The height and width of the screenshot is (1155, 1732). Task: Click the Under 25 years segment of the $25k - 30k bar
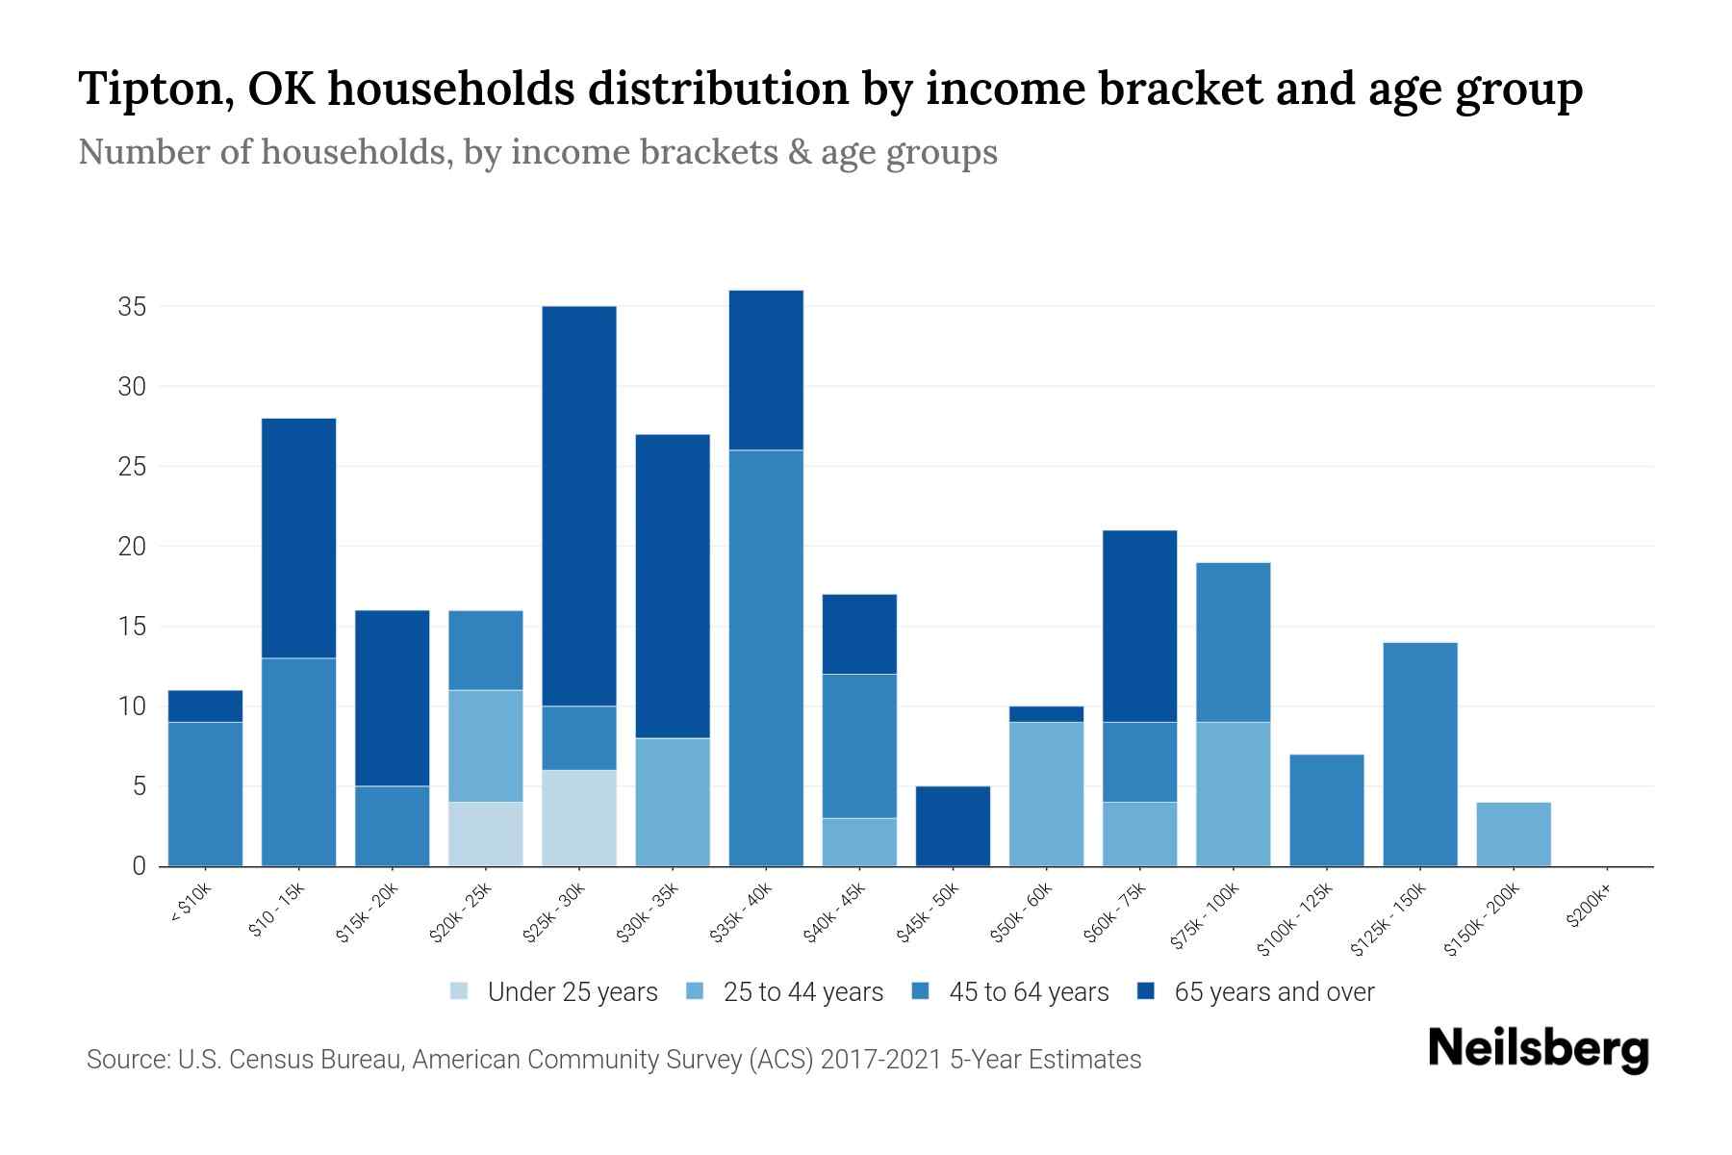pos(579,818)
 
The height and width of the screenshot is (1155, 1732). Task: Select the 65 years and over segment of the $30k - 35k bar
pos(673,586)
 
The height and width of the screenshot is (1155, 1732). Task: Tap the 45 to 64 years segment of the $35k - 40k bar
pos(766,657)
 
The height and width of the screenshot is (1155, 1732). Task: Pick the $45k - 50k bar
pos(953,826)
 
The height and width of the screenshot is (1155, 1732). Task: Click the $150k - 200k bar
pos(1514,834)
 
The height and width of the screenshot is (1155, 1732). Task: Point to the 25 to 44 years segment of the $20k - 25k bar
pos(486,746)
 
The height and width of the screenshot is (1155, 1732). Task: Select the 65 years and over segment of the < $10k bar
pos(205,706)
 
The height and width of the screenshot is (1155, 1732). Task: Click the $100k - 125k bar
pos(1326,810)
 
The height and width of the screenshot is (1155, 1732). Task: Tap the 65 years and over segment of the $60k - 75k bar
pos(1139,626)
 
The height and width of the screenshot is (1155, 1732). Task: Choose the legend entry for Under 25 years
pos(553,992)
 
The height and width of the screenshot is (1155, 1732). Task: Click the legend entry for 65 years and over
pos(1256,992)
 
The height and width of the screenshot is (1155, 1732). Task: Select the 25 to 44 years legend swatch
pos(695,991)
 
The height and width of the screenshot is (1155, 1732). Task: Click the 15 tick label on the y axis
pos(132,627)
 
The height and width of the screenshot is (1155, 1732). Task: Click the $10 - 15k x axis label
pos(277,911)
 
